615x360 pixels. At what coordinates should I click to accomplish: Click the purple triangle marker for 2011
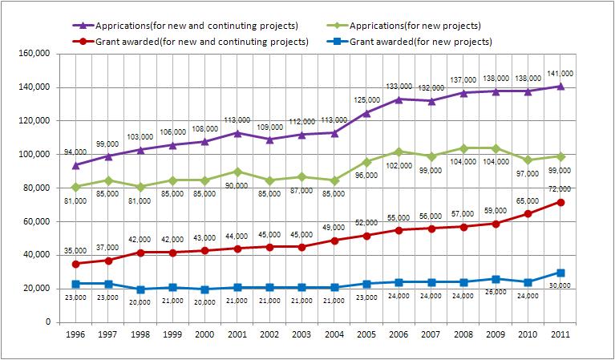click(x=560, y=86)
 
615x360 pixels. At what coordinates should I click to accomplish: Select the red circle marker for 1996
click(x=75, y=264)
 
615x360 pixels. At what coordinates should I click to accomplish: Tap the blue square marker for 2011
click(x=560, y=273)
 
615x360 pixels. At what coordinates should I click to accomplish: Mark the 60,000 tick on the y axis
click(x=36, y=221)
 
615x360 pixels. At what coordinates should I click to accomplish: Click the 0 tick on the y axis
click(x=48, y=322)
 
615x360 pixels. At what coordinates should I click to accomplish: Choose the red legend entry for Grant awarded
click(x=185, y=41)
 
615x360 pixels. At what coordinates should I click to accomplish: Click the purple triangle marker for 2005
click(x=366, y=112)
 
